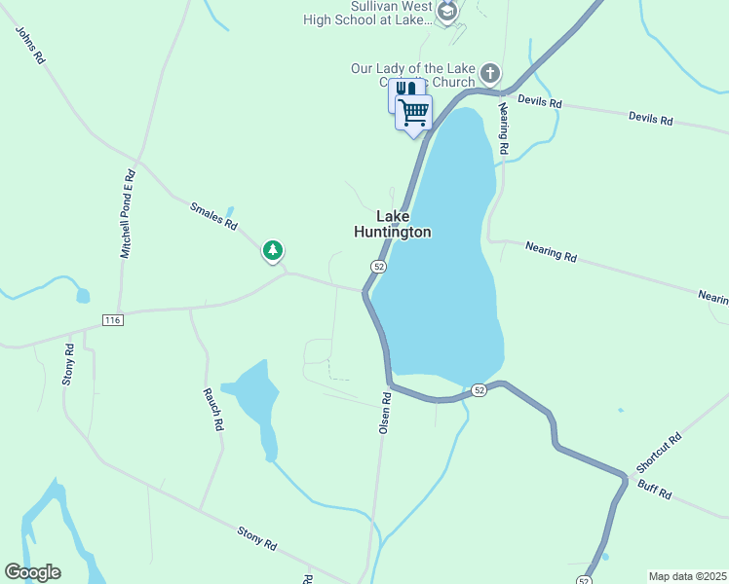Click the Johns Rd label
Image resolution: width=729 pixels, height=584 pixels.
pyautogui.click(x=31, y=46)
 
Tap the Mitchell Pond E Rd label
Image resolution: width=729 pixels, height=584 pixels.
pyautogui.click(x=128, y=214)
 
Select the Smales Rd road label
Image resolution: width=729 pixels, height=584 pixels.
pyautogui.click(x=213, y=215)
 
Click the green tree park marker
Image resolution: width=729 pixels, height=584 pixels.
pyautogui.click(x=273, y=251)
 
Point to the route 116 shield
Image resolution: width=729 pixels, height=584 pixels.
pyautogui.click(x=112, y=319)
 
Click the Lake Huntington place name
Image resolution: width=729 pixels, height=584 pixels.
pyautogui.click(x=391, y=225)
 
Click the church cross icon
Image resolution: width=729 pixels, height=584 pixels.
pyautogui.click(x=489, y=73)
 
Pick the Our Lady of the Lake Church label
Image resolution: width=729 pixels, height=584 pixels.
pyautogui.click(x=413, y=75)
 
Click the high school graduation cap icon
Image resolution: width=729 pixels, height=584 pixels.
pyautogui.click(x=447, y=12)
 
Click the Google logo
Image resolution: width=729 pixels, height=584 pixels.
pyautogui.click(x=32, y=572)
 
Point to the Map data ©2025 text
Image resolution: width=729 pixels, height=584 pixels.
pyautogui.click(x=687, y=576)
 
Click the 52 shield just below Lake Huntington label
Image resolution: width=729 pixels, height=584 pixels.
pyautogui.click(x=379, y=267)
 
